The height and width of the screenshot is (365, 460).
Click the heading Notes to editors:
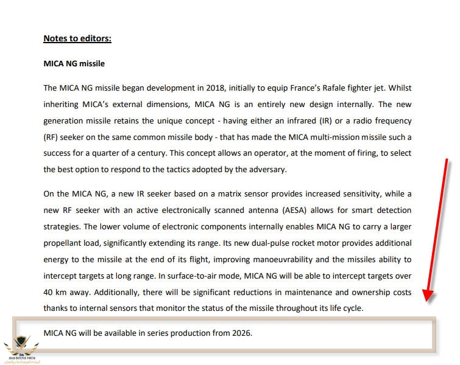point(77,39)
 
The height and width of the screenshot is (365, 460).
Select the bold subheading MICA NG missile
point(74,63)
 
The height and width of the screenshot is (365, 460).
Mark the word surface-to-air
point(222,276)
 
